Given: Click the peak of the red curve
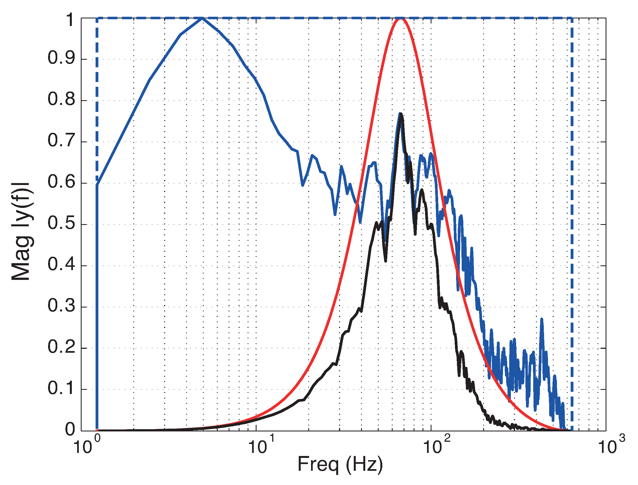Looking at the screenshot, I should pos(400,19).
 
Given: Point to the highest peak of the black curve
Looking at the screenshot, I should pos(401,114).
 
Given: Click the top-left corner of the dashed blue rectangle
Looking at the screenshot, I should pos(97,18).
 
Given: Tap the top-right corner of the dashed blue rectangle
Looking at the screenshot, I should pos(571,18).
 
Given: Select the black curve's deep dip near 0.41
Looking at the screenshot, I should pos(385,260).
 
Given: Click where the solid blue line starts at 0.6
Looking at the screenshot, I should pos(97,184).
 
